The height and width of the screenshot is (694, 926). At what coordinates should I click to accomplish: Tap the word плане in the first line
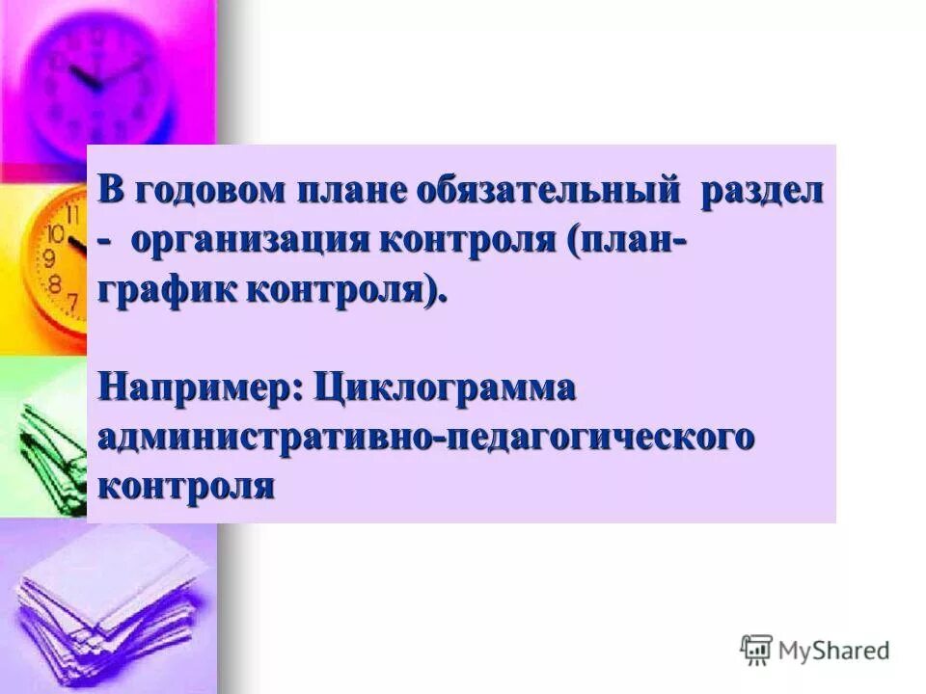[x=356, y=190]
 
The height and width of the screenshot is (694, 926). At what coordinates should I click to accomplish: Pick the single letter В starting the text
[x=112, y=190]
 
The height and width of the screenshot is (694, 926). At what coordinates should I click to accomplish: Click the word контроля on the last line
[x=186, y=485]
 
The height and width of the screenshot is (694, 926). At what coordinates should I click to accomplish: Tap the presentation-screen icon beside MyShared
[x=756, y=650]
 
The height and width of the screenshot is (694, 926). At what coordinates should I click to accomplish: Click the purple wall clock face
[x=101, y=82]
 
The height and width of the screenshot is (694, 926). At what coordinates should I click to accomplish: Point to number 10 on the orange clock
[x=56, y=234]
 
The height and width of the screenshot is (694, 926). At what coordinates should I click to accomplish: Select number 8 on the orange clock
[x=55, y=283]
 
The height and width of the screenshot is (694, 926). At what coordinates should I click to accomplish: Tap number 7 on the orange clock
[x=72, y=302]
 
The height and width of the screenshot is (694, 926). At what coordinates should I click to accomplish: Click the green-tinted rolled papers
[x=43, y=443]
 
